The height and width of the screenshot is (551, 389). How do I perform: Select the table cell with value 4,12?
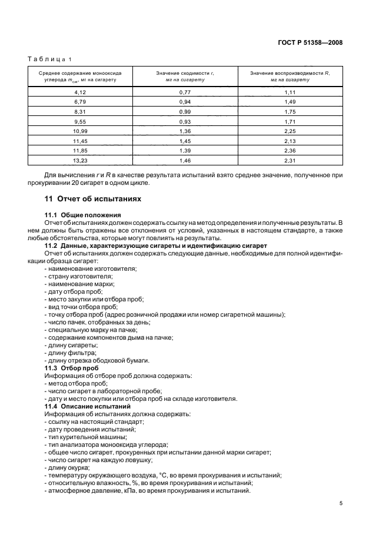(80, 92)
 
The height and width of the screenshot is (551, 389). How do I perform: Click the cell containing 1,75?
(290, 111)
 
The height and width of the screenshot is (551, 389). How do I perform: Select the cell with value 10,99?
(80, 131)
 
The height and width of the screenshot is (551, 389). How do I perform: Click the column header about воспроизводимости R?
(290, 76)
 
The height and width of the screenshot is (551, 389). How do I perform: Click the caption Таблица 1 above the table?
(49, 59)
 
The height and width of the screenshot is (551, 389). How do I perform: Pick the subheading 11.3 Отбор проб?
(71, 368)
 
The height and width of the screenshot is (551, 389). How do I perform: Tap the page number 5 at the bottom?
(341, 503)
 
